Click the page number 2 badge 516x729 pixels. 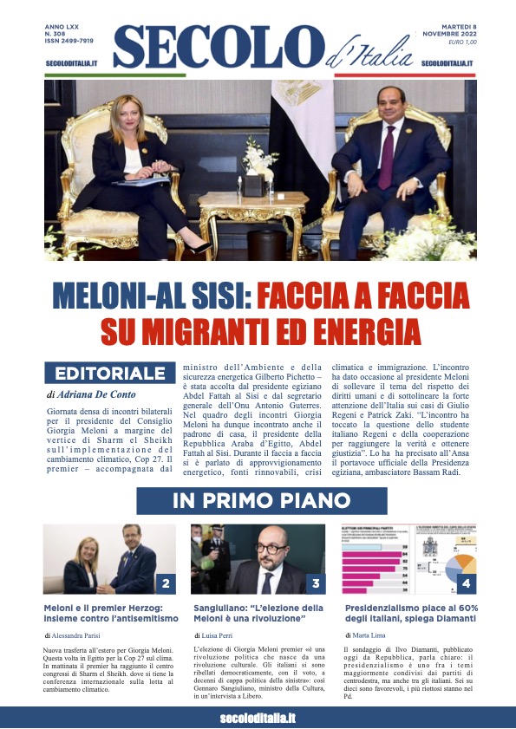[165, 583]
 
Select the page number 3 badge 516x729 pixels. [316, 583]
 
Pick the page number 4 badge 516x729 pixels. [466, 583]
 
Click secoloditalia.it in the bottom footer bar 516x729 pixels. [258, 718]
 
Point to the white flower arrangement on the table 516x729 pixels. [258, 160]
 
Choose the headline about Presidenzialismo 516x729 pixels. [405, 613]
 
